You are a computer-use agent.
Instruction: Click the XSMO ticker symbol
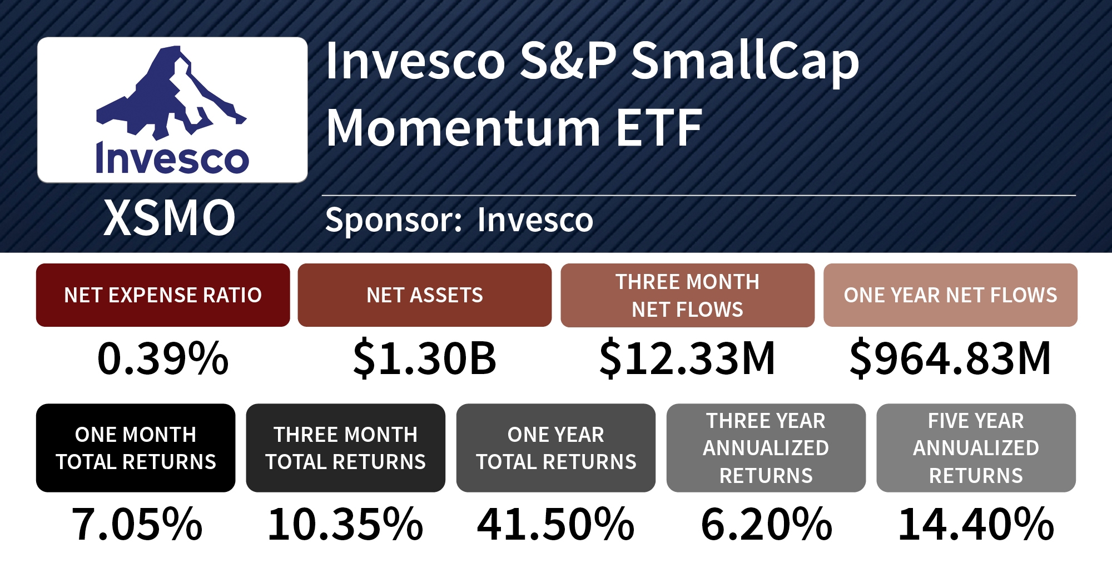pos(170,218)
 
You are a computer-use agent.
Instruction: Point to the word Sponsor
pos(393,220)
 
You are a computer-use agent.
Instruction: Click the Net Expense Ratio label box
pos(163,295)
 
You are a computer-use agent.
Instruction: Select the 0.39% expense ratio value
pos(163,358)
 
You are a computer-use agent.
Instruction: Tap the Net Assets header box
pos(425,295)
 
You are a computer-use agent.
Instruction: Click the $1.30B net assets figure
pos(425,358)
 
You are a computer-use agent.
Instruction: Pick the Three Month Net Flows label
pos(687,295)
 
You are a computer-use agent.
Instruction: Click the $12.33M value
pos(687,358)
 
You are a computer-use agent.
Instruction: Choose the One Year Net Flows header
pos(950,295)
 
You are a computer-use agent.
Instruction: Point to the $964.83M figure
pos(950,358)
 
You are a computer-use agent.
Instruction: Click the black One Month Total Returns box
pos(136,448)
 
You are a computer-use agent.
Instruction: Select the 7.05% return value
pos(137,524)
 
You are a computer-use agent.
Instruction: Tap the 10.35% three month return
pos(345,524)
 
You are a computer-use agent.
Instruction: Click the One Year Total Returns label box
pos(555,448)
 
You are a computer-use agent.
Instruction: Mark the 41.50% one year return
pos(555,524)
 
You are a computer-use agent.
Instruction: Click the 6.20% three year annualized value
pos(766,524)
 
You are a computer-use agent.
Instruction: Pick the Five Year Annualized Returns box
pos(976,448)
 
